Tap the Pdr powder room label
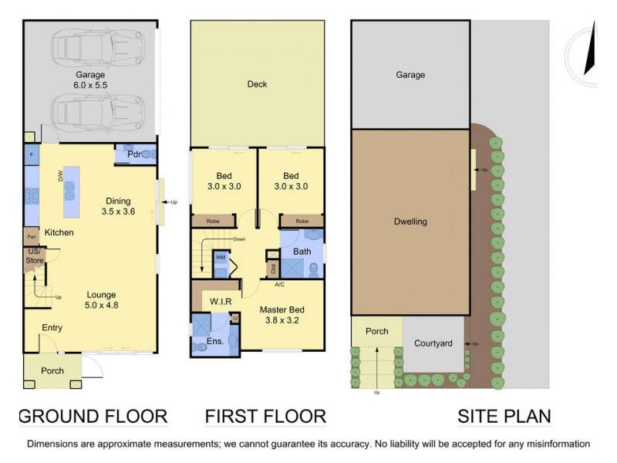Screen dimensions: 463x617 point(124,154)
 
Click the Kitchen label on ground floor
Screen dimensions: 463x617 point(59,232)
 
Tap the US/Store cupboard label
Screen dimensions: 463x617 point(33,256)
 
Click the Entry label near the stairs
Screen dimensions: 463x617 point(52,328)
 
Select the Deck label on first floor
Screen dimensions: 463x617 point(258,84)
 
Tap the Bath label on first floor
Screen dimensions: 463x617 point(302,252)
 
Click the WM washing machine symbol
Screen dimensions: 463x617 point(221,257)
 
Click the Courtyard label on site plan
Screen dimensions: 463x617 point(432,343)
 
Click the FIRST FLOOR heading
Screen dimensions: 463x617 point(265,417)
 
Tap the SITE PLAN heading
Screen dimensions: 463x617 point(504,417)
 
